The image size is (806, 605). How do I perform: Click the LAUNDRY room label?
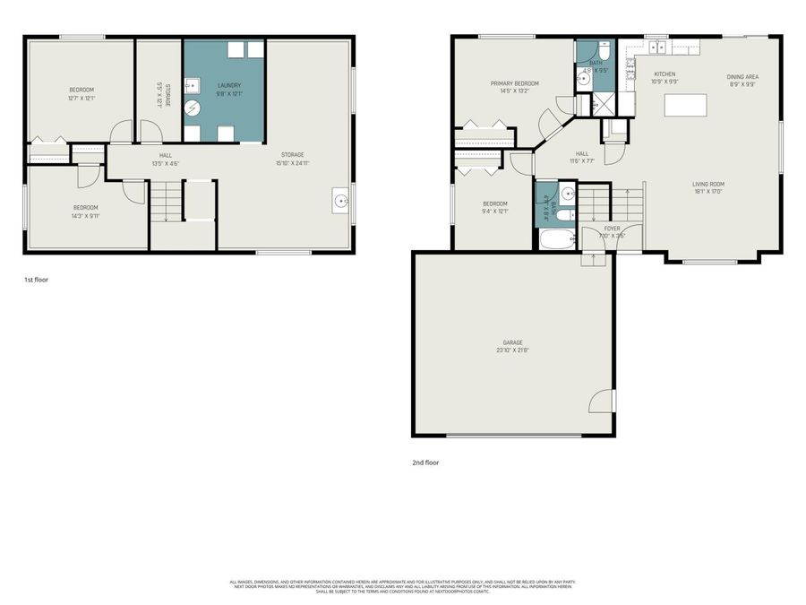tap(228, 85)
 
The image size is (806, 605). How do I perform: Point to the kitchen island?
tap(685, 105)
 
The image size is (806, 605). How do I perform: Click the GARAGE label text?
tap(512, 342)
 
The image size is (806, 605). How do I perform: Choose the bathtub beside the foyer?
tap(558, 240)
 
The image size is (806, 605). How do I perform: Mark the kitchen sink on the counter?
tap(656, 45)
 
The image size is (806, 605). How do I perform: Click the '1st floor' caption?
tap(36, 280)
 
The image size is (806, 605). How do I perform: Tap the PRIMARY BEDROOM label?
tap(514, 83)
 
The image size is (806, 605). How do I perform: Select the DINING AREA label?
tap(742, 77)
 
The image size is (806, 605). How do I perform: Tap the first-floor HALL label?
tap(141, 155)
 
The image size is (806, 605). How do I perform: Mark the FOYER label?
tap(612, 229)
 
